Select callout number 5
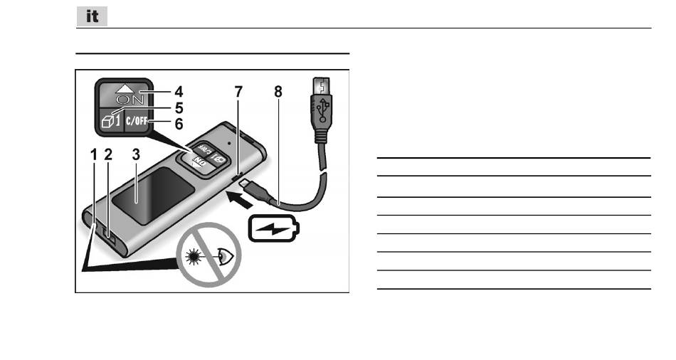(x=179, y=108)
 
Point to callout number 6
(x=179, y=123)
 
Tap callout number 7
(x=239, y=92)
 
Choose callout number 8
(x=277, y=92)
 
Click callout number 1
(x=94, y=153)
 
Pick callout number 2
(x=109, y=153)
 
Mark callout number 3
(x=135, y=153)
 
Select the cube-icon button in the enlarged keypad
(x=109, y=121)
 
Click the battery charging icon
(x=274, y=229)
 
